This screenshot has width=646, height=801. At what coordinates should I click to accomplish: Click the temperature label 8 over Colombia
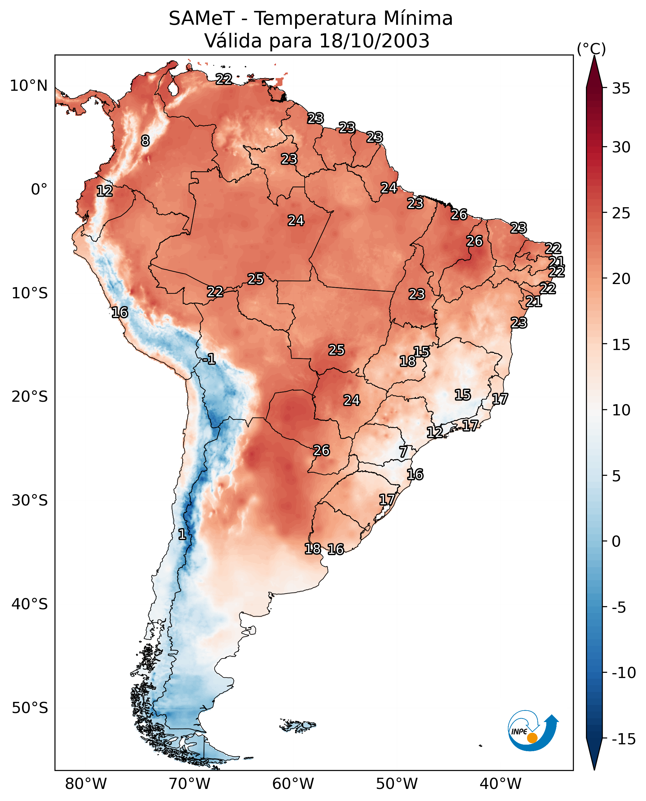(x=145, y=141)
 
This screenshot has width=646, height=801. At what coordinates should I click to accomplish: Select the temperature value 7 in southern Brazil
(x=403, y=452)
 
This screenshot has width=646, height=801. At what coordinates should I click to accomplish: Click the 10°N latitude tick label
(x=29, y=86)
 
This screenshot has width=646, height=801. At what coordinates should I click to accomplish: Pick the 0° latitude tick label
(x=39, y=190)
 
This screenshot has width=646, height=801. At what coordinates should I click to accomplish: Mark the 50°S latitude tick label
(x=30, y=707)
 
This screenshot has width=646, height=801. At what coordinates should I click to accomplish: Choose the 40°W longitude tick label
(x=500, y=784)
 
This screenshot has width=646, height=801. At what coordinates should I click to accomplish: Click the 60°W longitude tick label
(x=293, y=784)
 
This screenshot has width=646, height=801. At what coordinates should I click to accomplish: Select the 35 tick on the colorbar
(x=621, y=89)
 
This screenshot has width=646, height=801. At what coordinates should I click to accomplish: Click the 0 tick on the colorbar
(x=616, y=541)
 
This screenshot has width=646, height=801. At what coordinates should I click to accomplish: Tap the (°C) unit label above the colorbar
(x=591, y=49)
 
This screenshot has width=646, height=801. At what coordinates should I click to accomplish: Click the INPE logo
(x=533, y=731)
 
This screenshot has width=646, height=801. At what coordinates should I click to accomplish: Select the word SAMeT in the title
(x=201, y=19)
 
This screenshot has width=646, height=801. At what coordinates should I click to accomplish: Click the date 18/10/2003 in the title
(x=374, y=41)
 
